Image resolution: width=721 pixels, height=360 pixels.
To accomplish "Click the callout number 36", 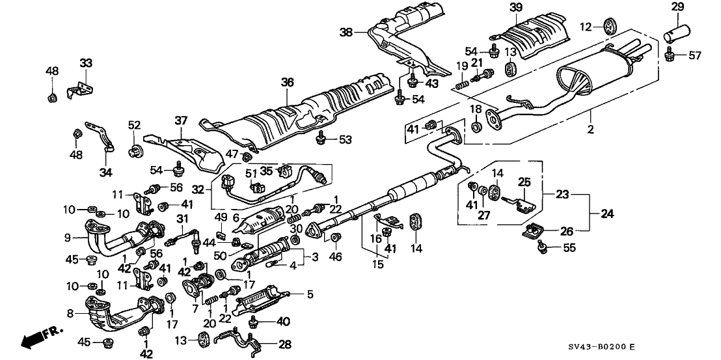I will point(288,83).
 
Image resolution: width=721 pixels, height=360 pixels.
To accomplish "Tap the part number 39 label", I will point(515,7).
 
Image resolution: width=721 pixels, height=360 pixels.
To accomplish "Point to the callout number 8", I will point(66,312).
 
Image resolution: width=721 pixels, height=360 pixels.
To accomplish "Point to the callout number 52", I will point(133,125).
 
